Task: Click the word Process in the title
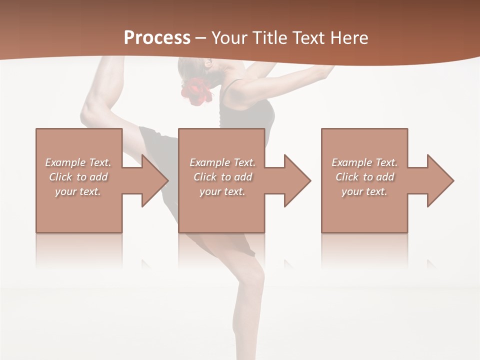pos(157,38)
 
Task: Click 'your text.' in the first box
pos(78,191)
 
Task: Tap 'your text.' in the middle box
pos(222,191)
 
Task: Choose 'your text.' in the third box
pos(364,191)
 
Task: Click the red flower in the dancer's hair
pos(193,90)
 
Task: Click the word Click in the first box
pos(60,177)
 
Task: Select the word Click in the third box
pos(347,177)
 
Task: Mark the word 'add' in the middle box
pos(243,177)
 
